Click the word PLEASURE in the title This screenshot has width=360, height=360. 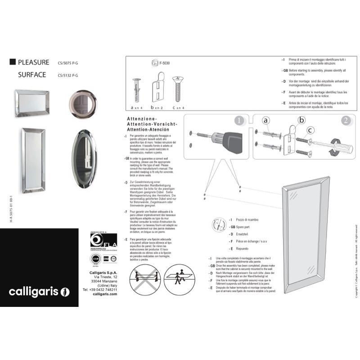click(34, 63)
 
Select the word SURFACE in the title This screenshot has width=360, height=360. click(32, 75)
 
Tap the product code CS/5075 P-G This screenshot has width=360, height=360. click(68, 63)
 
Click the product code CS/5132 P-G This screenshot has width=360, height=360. click(68, 76)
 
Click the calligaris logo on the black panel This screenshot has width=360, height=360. click(40, 292)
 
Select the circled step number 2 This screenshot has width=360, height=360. click(346, 121)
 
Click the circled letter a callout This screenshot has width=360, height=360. click(266, 121)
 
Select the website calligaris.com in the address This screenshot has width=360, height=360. click(104, 294)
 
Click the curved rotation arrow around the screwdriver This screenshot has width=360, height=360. click(337, 148)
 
